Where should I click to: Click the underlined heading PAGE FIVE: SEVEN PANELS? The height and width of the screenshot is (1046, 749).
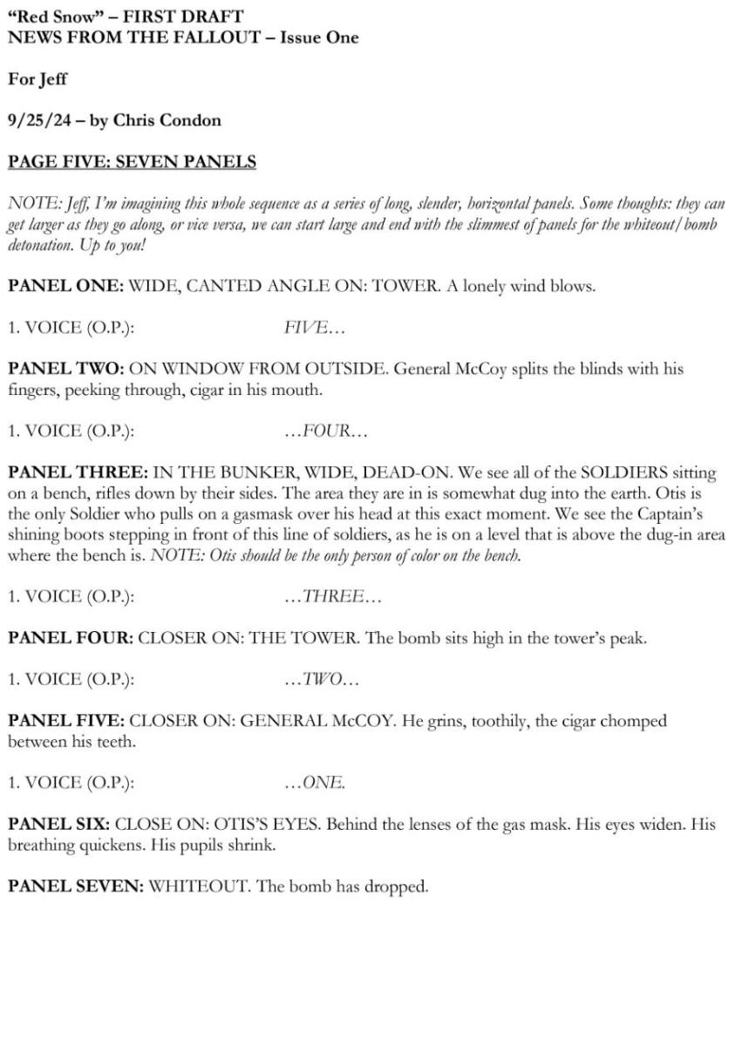(132, 162)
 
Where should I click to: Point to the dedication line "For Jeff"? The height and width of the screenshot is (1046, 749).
(37, 79)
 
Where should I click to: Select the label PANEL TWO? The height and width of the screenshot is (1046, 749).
(66, 369)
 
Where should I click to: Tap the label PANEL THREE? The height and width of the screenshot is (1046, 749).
(77, 472)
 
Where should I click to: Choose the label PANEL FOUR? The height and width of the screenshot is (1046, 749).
(70, 638)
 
